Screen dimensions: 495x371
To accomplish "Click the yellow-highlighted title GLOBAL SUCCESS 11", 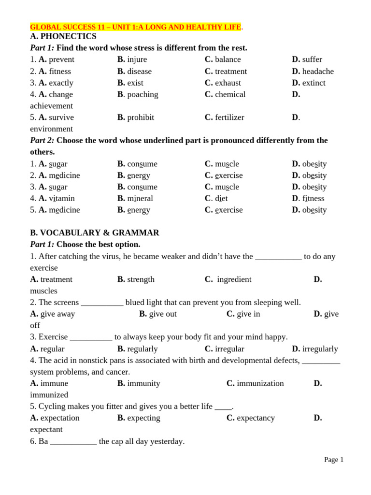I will click(x=135, y=27).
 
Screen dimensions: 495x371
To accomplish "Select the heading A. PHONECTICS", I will click(x=63, y=36).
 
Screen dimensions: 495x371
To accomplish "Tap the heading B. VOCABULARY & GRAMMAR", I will click(x=95, y=233).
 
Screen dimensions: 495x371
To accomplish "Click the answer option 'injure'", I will click(x=137, y=59).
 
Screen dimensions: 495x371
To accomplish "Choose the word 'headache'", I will click(x=318, y=71).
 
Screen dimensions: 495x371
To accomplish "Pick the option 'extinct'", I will click(x=314, y=83).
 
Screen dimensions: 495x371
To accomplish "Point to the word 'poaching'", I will click(x=143, y=94).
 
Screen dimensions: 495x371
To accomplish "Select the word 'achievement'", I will click(x=51, y=106).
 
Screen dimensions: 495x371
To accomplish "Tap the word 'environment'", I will click(x=51, y=129).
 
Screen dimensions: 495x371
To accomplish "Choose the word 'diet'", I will click(x=221, y=198).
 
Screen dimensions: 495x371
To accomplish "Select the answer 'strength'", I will click(x=141, y=279).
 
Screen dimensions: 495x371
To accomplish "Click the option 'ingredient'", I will click(x=234, y=279).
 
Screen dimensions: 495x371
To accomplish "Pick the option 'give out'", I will click(x=163, y=314).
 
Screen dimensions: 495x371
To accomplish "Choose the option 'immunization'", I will click(x=260, y=383).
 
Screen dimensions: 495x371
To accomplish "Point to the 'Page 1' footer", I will click(x=333, y=460).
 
